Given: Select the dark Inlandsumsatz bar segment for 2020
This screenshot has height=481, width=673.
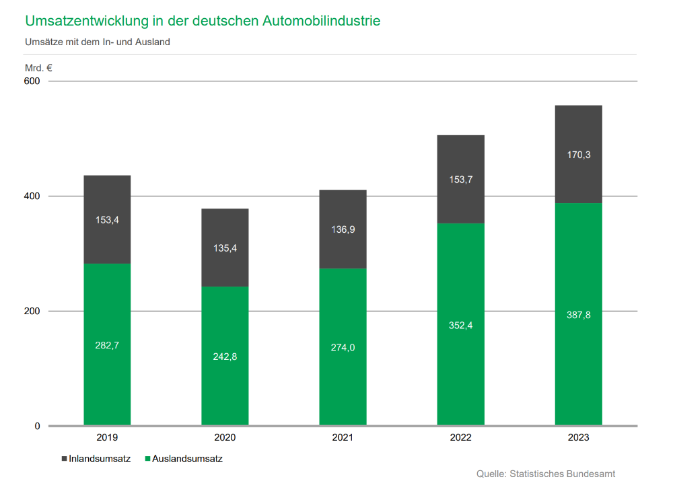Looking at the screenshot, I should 225,229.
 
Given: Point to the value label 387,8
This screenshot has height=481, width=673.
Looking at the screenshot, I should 578,315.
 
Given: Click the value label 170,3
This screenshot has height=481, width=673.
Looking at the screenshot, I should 578,155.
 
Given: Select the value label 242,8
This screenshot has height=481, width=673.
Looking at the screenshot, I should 225,357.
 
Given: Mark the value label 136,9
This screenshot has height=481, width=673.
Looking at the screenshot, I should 343,229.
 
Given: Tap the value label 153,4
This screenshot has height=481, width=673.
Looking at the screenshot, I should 107,220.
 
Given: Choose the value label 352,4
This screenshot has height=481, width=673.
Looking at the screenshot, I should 460,326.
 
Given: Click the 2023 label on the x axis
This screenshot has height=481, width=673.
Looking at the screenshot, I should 578,438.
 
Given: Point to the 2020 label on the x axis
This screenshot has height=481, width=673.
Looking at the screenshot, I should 225,438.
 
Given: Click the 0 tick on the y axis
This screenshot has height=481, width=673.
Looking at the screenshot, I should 38,427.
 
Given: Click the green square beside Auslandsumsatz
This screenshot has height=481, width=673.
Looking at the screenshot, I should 147,459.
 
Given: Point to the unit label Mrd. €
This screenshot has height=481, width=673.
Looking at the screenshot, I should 39,68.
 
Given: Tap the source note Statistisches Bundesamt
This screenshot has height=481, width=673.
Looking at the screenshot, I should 563,474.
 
